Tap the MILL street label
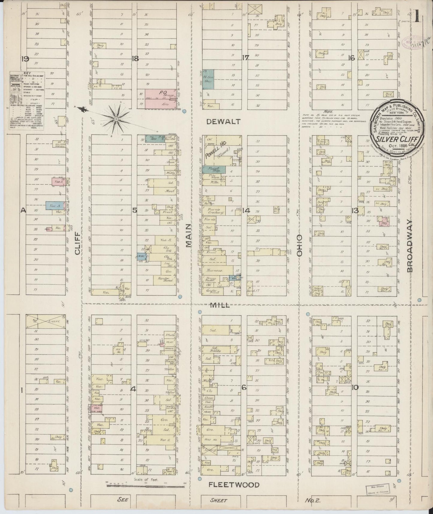point(220,305)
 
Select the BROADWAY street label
point(410,246)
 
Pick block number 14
point(246,211)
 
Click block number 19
point(25,59)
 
